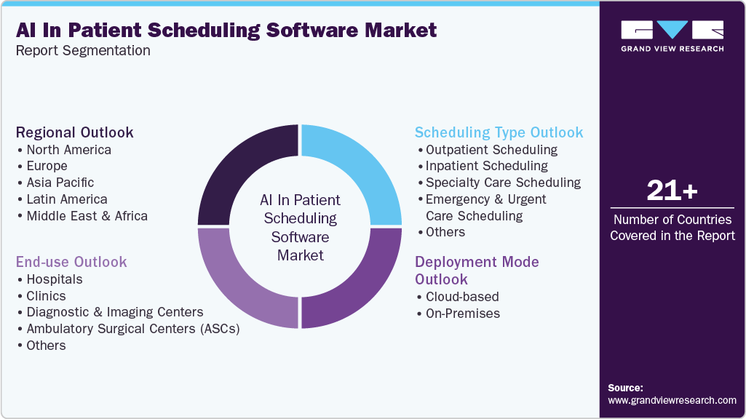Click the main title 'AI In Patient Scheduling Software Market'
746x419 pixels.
pos(226,30)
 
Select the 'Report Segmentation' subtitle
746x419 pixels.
pos(83,51)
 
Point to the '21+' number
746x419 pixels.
pos(672,191)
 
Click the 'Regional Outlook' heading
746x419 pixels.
pos(75,132)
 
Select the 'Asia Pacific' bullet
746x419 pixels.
pos(60,183)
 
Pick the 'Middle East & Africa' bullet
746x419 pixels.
pos(87,216)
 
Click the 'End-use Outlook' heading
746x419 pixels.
pos(71,262)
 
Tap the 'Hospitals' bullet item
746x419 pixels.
pos(54,279)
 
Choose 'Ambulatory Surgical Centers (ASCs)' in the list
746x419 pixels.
pos(132,329)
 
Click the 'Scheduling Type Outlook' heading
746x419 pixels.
pos(499,132)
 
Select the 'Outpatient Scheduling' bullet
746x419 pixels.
pos(491,150)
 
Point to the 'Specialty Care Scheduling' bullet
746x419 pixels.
pos(503,183)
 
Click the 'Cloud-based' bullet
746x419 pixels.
pos(462,297)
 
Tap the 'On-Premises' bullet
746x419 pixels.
pos(462,314)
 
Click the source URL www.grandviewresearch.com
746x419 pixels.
pos(672,400)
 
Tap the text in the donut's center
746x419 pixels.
pos(300,227)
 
